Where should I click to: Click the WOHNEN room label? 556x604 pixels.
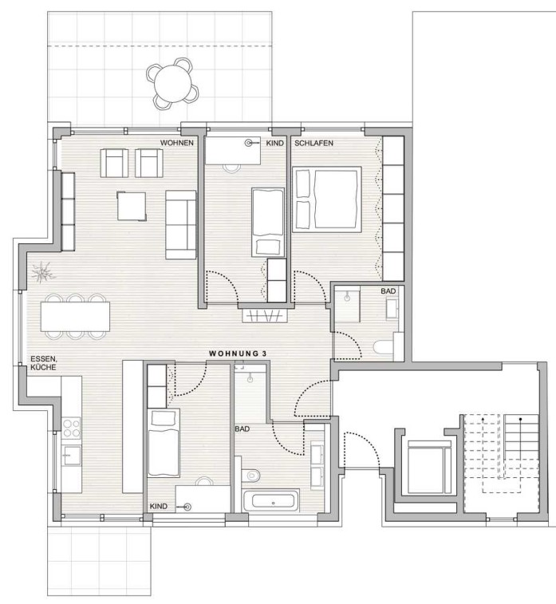[177, 143]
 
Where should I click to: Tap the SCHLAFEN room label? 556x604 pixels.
[313, 143]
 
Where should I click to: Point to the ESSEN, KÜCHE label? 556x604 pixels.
[43, 363]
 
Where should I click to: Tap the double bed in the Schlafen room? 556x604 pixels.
[327, 199]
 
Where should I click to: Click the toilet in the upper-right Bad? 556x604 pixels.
[383, 347]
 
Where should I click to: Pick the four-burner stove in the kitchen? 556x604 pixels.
[72, 428]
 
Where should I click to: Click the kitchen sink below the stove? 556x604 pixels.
[72, 456]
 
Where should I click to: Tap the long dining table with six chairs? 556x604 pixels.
[75, 316]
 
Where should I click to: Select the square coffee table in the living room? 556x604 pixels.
[132, 206]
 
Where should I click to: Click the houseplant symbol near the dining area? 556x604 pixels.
[43, 273]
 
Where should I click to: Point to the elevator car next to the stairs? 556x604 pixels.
[429, 469]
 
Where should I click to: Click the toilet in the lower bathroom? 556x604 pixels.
[250, 476]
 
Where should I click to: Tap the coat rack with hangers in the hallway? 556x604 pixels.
[265, 316]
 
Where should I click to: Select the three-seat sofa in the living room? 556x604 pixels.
[180, 224]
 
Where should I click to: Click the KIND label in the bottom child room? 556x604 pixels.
[158, 506]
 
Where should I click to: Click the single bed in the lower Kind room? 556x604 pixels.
[164, 444]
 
